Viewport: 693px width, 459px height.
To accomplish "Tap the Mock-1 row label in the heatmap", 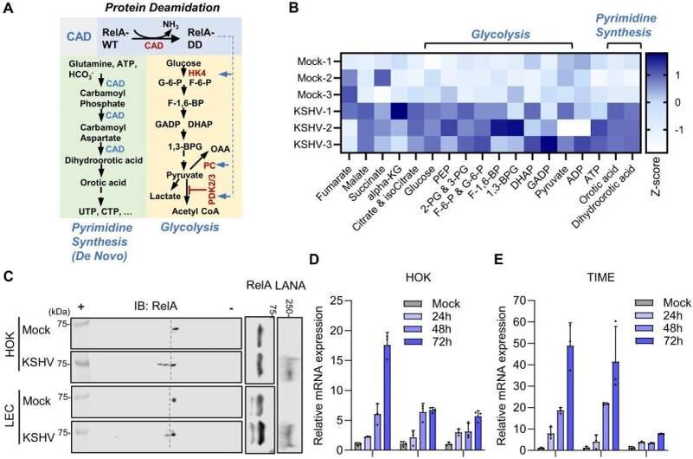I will point(310,61).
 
